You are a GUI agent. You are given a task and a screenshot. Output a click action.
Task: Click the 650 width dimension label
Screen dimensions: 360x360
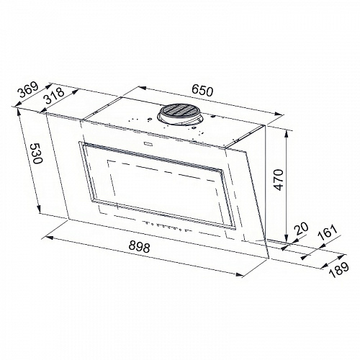[x=204, y=91]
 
